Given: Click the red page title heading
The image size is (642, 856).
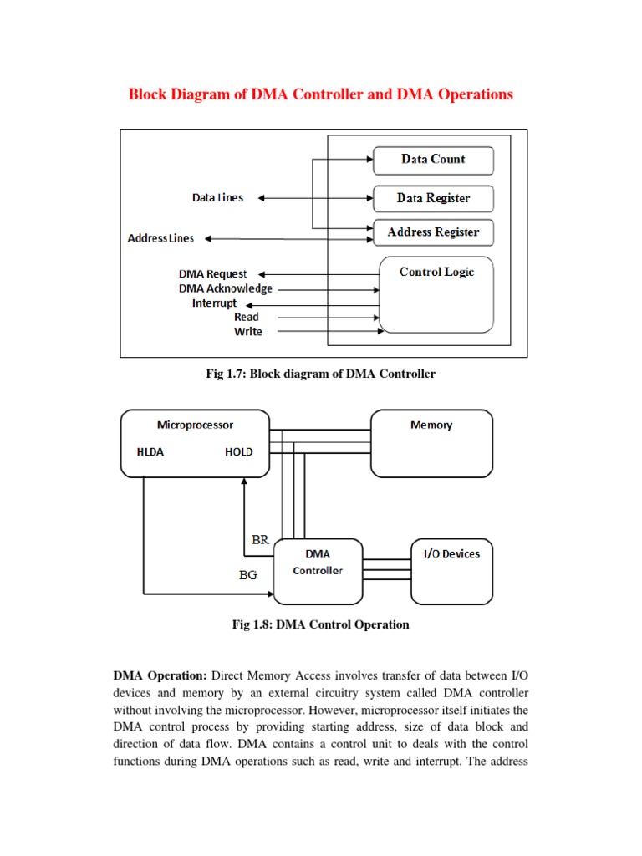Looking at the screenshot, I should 320,94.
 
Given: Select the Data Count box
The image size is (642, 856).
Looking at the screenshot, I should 433,160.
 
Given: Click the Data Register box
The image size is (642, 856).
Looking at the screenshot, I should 433,198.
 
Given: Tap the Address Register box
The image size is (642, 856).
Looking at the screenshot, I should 433,232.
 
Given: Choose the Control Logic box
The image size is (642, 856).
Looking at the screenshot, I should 436,293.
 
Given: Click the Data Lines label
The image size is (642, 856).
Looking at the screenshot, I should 217,198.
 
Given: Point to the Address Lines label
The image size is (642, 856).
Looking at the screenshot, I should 160,238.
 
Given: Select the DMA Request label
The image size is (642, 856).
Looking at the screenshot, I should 212,274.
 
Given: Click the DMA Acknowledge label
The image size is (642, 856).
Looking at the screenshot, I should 225,288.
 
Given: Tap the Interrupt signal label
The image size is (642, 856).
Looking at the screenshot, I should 214,303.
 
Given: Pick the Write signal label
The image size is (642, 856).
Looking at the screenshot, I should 247,332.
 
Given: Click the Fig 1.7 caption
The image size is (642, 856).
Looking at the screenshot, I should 320,374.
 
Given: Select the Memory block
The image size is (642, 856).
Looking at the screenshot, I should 431,443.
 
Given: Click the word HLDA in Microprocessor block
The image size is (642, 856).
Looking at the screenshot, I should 150,452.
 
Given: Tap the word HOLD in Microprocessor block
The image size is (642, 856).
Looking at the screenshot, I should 238,452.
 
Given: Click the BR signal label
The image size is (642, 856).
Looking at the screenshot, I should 260,540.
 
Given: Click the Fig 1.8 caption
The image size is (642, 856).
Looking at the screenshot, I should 320,624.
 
